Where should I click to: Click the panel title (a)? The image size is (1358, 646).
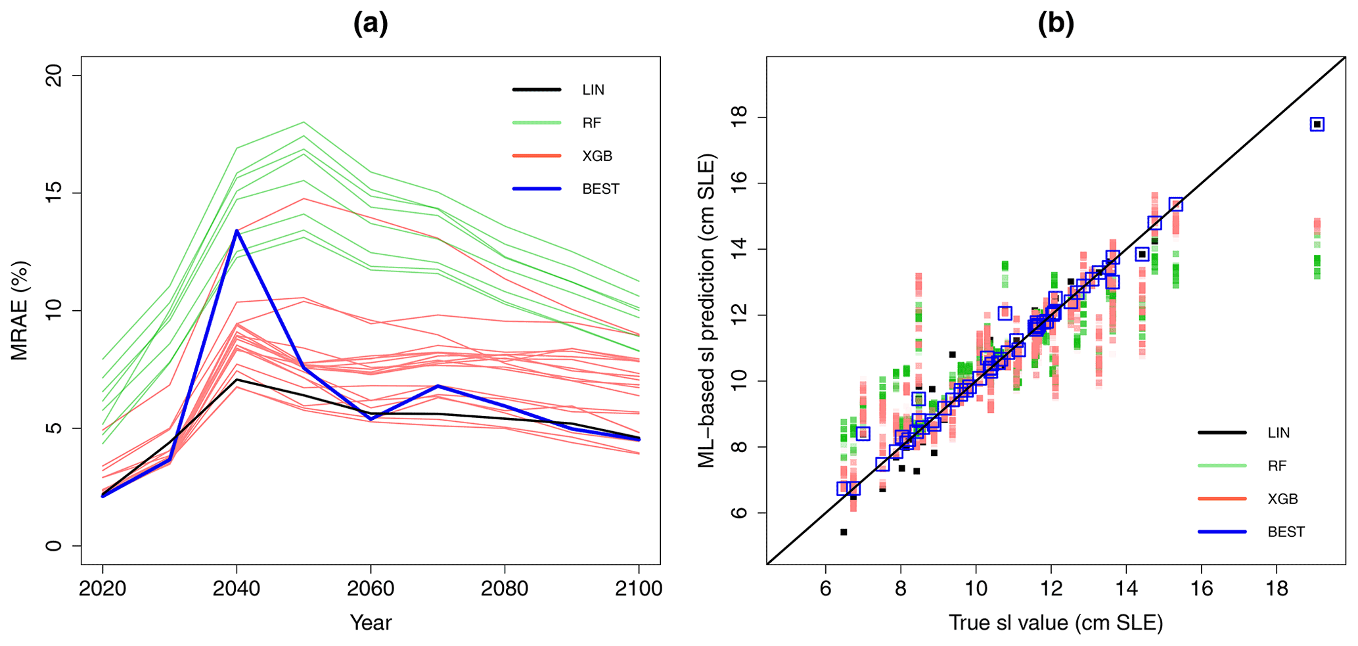pyautogui.click(x=371, y=24)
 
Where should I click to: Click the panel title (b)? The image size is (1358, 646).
pyautogui.click(x=1056, y=24)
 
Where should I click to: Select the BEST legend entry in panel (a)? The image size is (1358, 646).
pyautogui.click(x=600, y=189)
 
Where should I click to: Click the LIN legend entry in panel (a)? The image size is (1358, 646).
pyautogui.click(x=593, y=90)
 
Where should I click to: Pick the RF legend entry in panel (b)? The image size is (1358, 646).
pyautogui.click(x=1277, y=466)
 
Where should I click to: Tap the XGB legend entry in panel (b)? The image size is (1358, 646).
pyautogui.click(x=1282, y=499)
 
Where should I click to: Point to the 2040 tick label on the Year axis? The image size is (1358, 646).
pyautogui.click(x=237, y=588)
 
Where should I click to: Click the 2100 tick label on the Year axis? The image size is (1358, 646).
pyautogui.click(x=638, y=588)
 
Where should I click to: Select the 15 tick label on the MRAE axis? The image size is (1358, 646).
pyautogui.click(x=56, y=193)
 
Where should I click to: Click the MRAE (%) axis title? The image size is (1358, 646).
pyautogui.click(x=20, y=311)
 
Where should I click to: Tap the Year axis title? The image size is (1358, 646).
pyautogui.click(x=371, y=622)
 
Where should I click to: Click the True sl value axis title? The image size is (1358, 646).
pyautogui.click(x=1056, y=622)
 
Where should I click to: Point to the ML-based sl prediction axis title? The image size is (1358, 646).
pyautogui.click(x=706, y=311)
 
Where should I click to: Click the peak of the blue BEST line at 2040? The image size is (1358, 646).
pyautogui.click(x=237, y=231)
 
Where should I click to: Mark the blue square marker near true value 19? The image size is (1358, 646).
pyautogui.click(x=1317, y=124)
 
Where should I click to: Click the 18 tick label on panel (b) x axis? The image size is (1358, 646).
pyautogui.click(x=1277, y=588)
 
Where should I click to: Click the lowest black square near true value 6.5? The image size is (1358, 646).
pyautogui.click(x=844, y=532)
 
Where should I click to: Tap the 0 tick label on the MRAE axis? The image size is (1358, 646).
pyautogui.click(x=56, y=545)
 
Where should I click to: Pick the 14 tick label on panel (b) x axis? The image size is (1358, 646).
pyautogui.click(x=1126, y=588)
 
